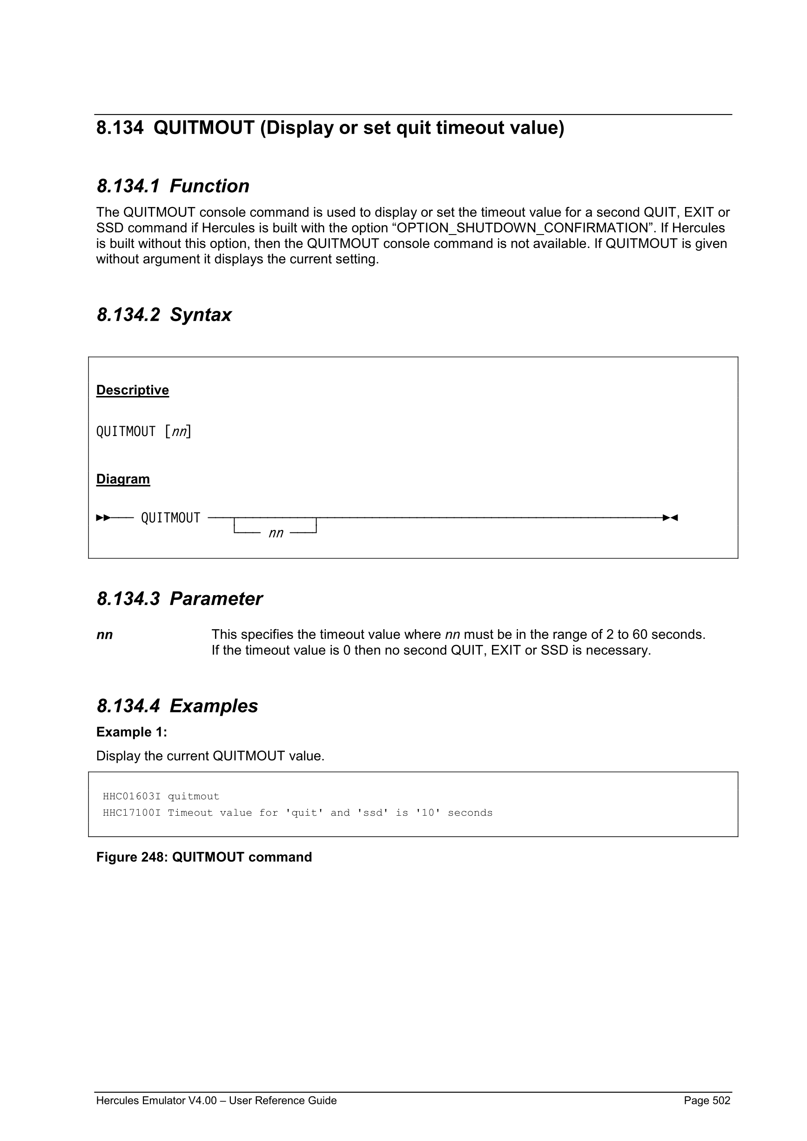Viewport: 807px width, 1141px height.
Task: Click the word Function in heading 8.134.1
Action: click(209, 186)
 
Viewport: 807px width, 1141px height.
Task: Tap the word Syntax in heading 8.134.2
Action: click(200, 315)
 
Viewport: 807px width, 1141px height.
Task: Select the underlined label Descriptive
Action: click(132, 390)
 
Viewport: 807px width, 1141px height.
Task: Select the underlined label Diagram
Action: click(123, 479)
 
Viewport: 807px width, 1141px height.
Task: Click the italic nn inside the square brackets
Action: click(178, 432)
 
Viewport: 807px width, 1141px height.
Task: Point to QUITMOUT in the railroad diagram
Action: click(170, 518)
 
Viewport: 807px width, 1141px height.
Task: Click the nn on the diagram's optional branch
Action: click(276, 534)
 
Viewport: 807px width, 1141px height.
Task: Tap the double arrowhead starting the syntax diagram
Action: click(103, 518)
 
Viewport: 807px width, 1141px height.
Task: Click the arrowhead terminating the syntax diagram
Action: click(670, 518)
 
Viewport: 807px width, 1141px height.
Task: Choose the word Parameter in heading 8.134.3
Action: click(215, 599)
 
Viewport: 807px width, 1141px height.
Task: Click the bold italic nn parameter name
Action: click(104, 635)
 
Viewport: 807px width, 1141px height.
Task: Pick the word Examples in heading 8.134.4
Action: click(214, 706)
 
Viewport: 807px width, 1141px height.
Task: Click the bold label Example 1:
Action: click(132, 732)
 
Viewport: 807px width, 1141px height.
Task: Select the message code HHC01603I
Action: click(132, 797)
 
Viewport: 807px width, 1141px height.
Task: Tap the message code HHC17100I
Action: click(132, 813)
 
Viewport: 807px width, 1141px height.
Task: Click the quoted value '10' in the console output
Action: click(428, 813)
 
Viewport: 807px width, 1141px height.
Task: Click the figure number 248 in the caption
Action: click(155, 857)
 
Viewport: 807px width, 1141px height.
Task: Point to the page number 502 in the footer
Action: click(721, 1101)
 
